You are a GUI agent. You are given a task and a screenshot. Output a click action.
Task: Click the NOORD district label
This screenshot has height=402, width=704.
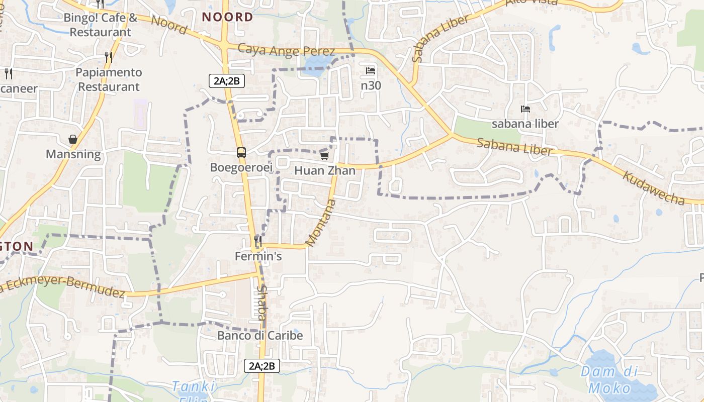[x=227, y=17]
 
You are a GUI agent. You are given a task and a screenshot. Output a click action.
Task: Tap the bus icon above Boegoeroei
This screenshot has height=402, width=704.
[x=241, y=152]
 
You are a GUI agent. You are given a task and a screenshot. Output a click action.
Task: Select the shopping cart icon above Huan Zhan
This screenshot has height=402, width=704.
[x=324, y=156]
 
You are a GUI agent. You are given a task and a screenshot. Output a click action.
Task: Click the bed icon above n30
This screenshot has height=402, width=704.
[x=371, y=71]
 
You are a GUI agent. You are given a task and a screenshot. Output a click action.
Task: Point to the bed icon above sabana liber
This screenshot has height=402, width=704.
[x=525, y=109]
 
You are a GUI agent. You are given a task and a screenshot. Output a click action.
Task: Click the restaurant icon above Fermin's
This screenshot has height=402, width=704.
[x=258, y=241]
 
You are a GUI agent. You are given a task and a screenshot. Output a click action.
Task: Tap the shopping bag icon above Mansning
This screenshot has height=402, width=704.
[x=73, y=139]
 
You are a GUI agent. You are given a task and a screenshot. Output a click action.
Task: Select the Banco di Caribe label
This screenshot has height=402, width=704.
[x=260, y=335]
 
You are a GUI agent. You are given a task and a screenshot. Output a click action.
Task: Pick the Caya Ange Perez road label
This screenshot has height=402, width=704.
[x=286, y=51]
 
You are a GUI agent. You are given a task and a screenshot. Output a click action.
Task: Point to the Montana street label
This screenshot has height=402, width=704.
[x=320, y=223]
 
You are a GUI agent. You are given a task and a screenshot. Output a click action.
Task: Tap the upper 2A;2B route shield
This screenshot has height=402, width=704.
[x=227, y=80]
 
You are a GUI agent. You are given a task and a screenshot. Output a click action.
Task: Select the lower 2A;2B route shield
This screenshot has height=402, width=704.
[x=262, y=366]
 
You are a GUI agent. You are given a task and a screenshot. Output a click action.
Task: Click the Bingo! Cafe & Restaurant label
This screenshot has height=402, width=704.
[x=101, y=25]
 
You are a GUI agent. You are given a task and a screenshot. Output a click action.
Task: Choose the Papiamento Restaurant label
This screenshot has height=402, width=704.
[x=109, y=79]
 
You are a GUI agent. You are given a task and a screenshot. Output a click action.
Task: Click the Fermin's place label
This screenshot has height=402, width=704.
[x=258, y=256]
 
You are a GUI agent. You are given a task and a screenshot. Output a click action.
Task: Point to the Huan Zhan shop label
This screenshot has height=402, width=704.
[x=324, y=171]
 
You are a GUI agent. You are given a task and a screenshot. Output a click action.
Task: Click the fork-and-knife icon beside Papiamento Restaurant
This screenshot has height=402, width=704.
[x=109, y=57]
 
